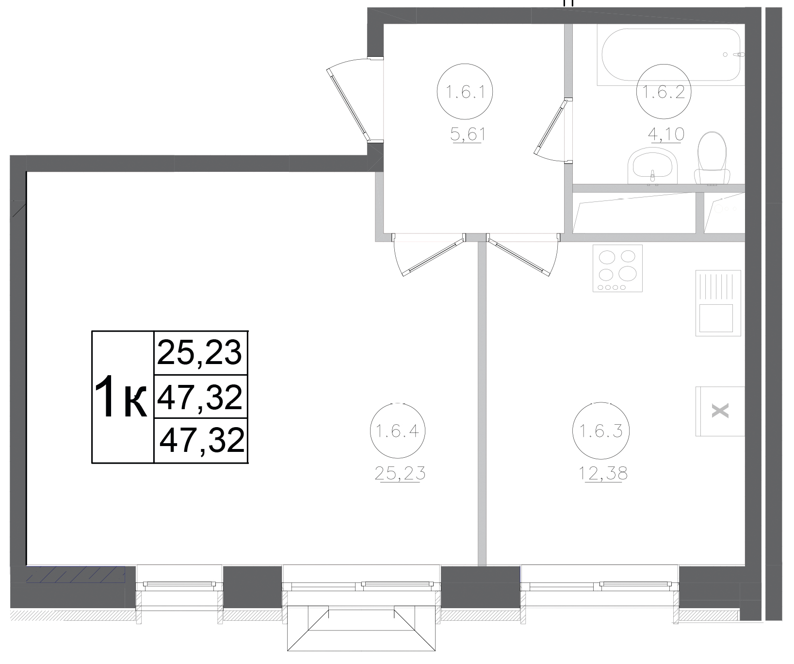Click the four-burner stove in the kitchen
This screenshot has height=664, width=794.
coord(617,268)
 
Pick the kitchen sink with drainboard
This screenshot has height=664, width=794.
coord(718,303)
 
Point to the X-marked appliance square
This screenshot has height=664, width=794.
coord(720,412)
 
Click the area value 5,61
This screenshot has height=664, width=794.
coord(468,134)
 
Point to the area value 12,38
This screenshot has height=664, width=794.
coord(603,472)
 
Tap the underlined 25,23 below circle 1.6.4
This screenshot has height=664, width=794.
coord(400,472)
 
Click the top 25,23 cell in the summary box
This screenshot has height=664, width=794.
coord(200,352)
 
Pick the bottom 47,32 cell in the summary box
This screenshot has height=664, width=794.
coord(201,441)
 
